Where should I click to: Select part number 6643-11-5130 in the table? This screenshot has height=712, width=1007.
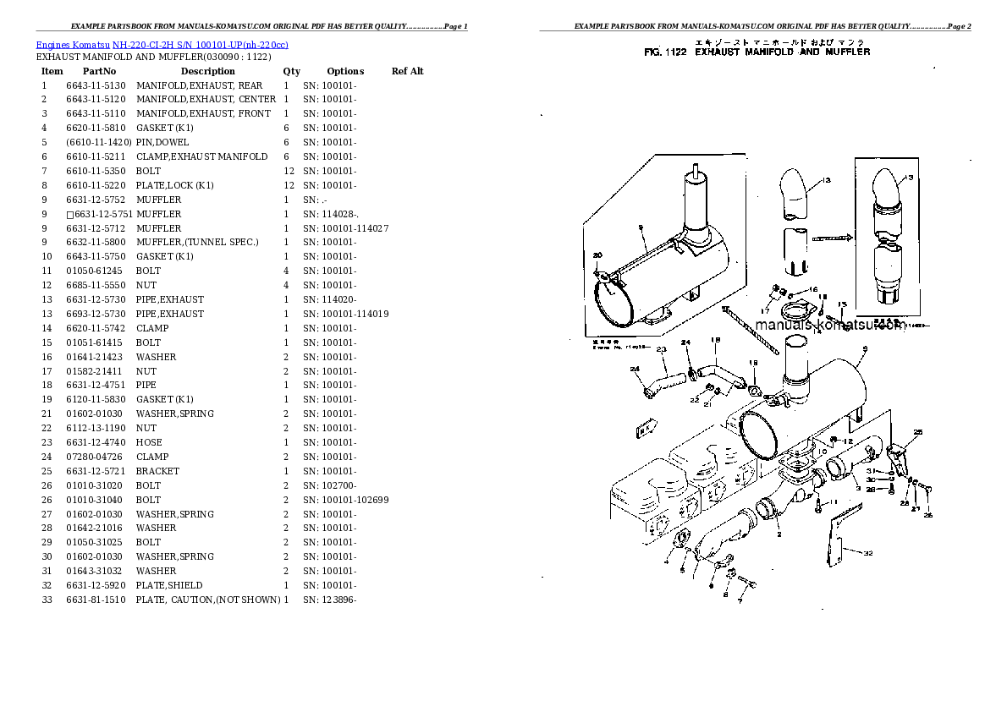(x=95, y=85)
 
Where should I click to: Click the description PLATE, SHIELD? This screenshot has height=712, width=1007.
(x=168, y=585)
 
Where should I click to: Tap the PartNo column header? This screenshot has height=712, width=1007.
(x=99, y=71)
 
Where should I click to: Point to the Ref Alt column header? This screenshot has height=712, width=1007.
(x=407, y=71)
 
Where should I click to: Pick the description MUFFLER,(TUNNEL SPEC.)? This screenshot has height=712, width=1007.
(x=196, y=243)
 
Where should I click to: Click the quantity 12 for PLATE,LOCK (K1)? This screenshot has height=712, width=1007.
(x=288, y=185)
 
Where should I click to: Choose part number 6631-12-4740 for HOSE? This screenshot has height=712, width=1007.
(x=95, y=442)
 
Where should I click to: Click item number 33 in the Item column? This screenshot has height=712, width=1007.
(x=46, y=600)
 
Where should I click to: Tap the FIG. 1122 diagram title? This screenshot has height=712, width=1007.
(x=756, y=52)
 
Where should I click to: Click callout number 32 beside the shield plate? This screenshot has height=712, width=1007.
(x=868, y=553)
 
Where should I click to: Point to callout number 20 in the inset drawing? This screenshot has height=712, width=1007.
(x=597, y=255)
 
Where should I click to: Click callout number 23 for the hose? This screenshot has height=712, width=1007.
(x=661, y=350)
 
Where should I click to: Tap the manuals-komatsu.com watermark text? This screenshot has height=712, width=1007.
(x=828, y=326)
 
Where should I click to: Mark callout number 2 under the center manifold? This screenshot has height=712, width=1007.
(x=779, y=534)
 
